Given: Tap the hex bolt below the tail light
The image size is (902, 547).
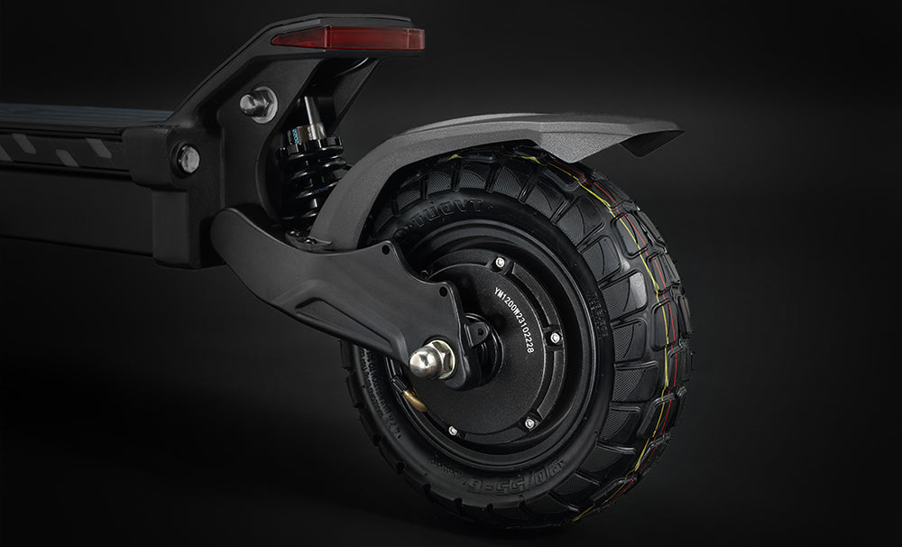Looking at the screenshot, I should point(257,103).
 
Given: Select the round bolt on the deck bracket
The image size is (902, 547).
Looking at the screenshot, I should point(188,159).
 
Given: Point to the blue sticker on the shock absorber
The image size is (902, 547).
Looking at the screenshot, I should point(294,135).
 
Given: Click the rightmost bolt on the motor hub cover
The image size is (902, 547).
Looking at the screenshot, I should point(555,338).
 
